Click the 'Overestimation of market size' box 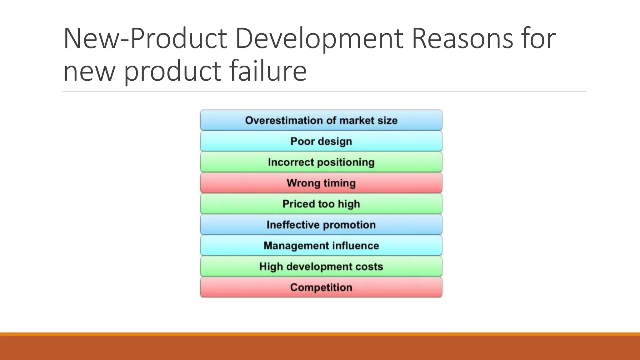[x=321, y=120]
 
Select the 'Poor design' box [x=321, y=141]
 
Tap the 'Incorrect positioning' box [x=321, y=162]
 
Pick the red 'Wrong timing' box [x=321, y=183]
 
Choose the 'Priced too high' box [x=321, y=204]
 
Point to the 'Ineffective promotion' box [x=321, y=225]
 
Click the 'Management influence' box [x=321, y=246]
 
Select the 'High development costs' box [x=321, y=267]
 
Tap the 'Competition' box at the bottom [x=321, y=287]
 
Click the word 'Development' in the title [x=319, y=39]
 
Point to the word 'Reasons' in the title [x=462, y=39]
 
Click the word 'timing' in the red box [x=339, y=183]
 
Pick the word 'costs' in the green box [x=370, y=267]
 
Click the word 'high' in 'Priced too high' [x=349, y=204]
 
